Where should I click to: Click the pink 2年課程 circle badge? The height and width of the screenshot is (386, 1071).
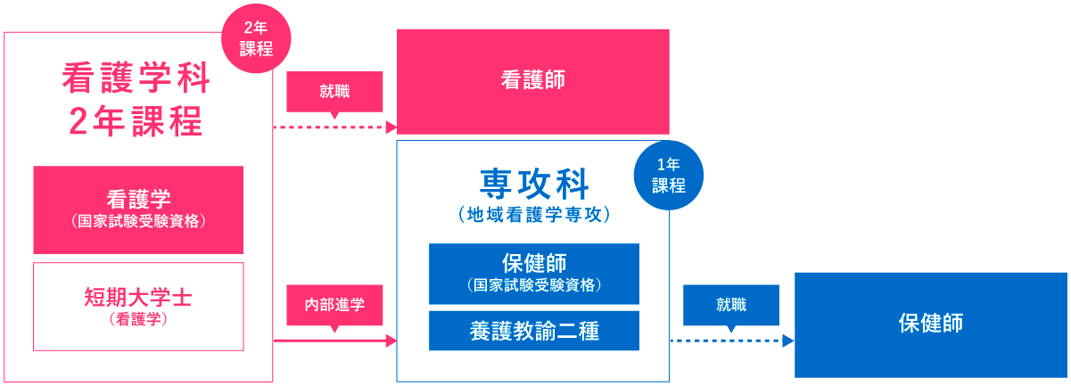(x=257, y=40)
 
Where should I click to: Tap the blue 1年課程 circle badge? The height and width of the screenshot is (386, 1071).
(x=668, y=177)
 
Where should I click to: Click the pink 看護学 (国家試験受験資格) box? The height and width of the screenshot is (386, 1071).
(x=138, y=209)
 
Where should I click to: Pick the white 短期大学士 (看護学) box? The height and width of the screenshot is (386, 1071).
(x=138, y=306)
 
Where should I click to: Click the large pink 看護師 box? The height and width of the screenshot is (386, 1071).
(x=532, y=81)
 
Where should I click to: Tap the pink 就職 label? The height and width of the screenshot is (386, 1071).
(x=334, y=91)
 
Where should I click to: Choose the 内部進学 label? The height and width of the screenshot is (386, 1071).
(x=334, y=305)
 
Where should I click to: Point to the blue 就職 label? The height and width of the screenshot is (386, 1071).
(x=730, y=305)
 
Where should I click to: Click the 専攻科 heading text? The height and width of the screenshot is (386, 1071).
(x=533, y=184)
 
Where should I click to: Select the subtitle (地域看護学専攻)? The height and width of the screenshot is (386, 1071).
(x=533, y=215)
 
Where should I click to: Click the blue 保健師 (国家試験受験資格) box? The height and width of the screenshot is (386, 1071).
(x=533, y=273)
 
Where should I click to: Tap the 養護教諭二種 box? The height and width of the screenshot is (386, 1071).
(x=533, y=331)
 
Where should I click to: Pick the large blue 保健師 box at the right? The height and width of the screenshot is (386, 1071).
(x=930, y=324)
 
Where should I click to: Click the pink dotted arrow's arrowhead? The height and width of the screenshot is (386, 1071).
(x=391, y=127)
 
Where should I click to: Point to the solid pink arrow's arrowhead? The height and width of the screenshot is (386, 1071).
(x=391, y=341)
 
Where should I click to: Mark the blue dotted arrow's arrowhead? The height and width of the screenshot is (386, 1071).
(x=788, y=341)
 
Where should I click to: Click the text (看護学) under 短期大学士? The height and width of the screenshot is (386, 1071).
(x=138, y=319)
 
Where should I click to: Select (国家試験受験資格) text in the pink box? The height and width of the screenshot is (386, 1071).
(x=138, y=221)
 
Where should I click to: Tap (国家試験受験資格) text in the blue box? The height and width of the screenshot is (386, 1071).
(x=533, y=285)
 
